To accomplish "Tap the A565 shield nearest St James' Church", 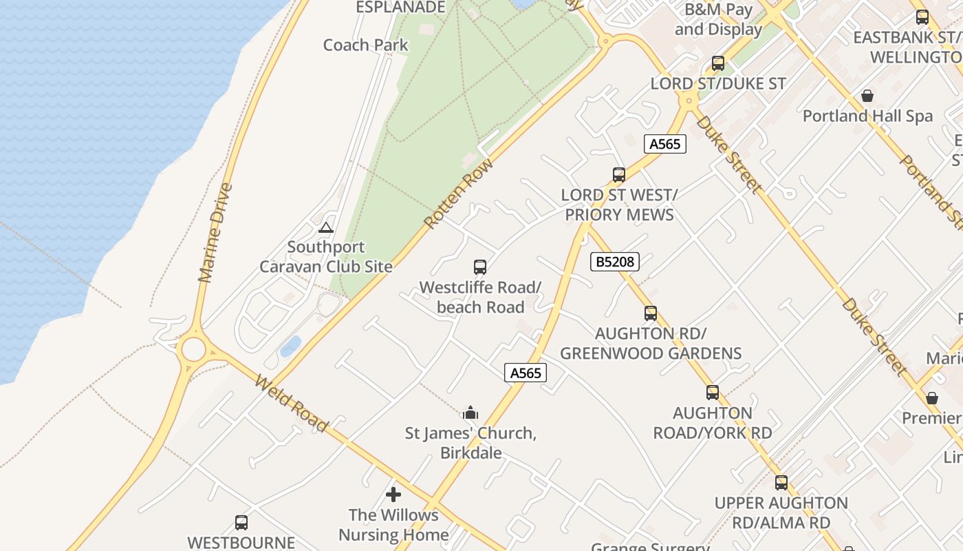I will click(x=526, y=373).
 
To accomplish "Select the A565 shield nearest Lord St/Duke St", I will click(x=665, y=144).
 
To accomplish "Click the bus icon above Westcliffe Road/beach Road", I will click(x=480, y=267).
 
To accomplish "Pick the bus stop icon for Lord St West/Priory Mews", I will click(x=619, y=175).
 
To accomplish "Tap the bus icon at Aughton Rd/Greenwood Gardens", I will click(x=651, y=313).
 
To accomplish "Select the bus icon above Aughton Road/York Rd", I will click(x=713, y=393).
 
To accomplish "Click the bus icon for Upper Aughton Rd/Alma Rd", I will click(x=781, y=483).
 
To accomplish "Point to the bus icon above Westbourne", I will click(x=241, y=523).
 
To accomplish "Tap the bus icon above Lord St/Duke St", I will click(x=718, y=63).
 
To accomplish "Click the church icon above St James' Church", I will click(x=470, y=413).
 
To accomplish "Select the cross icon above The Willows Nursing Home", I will click(x=393, y=495).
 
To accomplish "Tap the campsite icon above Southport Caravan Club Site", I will click(x=326, y=227).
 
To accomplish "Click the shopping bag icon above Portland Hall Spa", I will click(x=867, y=95).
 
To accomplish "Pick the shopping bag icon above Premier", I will click(x=932, y=398).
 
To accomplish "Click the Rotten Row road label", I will click(x=459, y=194).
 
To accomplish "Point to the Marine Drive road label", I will click(x=215, y=233).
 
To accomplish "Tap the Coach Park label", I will click(x=365, y=45).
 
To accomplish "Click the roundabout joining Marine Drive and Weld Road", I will click(x=193, y=350).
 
